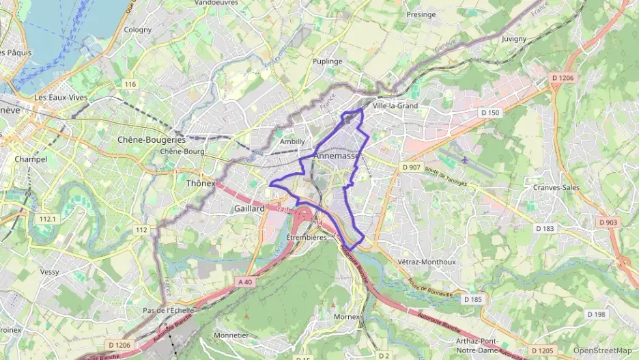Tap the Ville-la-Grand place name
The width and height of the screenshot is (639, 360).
pos(395,106)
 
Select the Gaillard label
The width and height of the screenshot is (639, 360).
pos(248,208)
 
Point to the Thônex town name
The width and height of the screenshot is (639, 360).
pos(201,183)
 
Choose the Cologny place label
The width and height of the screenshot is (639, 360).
pos(138,30)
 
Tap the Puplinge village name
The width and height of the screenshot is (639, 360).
pos(327,61)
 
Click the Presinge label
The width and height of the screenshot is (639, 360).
pos(421,14)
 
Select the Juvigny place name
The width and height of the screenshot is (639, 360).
pos(514,39)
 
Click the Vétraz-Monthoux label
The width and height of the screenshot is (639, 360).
pos(425,262)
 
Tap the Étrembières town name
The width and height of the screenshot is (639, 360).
pos(307,237)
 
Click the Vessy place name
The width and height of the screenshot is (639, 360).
pos(49,271)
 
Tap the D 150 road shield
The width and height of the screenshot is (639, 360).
pos(490,112)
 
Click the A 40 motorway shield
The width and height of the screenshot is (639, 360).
pos(246,281)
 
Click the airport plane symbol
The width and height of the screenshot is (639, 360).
pos(465,159)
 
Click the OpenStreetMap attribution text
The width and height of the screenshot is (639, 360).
pos(603,350)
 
